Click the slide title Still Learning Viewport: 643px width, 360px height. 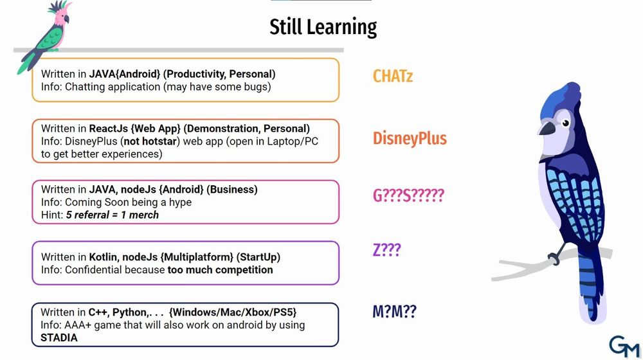click(x=323, y=28)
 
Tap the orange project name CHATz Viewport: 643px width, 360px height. click(x=392, y=76)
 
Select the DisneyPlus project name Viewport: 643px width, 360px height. click(x=410, y=139)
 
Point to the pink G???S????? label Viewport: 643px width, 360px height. click(x=408, y=195)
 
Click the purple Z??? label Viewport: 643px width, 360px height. click(x=386, y=249)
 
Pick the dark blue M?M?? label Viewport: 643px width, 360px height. click(x=394, y=312)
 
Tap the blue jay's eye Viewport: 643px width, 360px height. click(x=565, y=123)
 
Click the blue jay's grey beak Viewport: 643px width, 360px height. click(x=547, y=127)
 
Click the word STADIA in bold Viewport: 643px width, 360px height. click(x=59, y=338)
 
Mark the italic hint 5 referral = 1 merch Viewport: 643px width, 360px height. click(x=112, y=215)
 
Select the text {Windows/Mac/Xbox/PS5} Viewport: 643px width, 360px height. click(x=233, y=312)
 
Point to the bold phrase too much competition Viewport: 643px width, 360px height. click(x=220, y=270)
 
